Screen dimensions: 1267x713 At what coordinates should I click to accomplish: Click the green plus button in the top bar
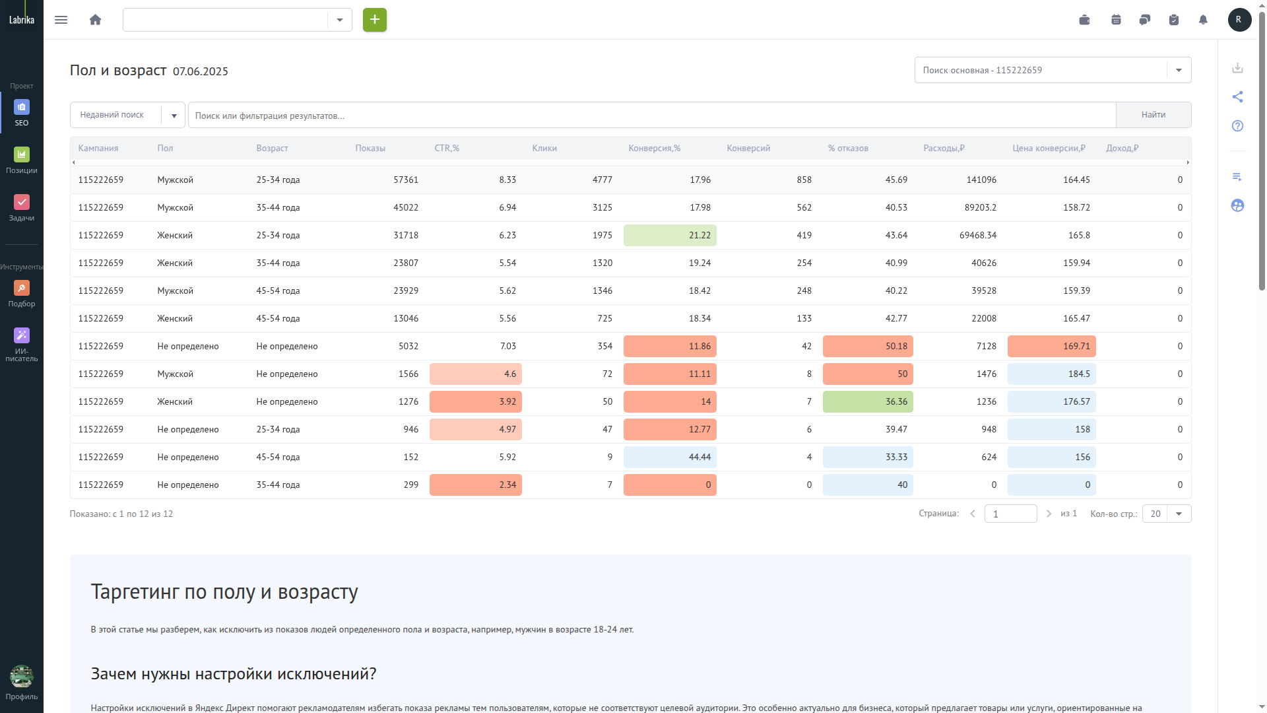(x=374, y=20)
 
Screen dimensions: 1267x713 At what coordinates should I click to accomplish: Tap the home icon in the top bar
(x=95, y=20)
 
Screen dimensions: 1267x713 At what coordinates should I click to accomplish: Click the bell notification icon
(x=1202, y=20)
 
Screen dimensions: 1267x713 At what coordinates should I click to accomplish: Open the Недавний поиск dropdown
(x=127, y=115)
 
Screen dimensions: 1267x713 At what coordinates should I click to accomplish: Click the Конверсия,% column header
(x=654, y=149)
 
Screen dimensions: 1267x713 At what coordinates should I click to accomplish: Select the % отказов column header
(x=848, y=149)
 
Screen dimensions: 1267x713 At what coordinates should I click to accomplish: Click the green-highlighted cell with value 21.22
(x=670, y=236)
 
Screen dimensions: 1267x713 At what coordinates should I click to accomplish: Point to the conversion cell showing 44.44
(x=670, y=458)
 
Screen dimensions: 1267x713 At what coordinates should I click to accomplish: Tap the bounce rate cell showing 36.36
(x=868, y=402)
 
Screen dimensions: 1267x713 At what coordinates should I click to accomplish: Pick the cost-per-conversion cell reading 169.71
(x=1051, y=347)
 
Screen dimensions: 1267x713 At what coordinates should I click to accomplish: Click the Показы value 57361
(x=406, y=180)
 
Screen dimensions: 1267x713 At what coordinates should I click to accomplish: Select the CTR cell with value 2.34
(x=475, y=485)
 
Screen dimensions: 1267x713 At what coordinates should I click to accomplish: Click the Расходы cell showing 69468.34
(x=978, y=236)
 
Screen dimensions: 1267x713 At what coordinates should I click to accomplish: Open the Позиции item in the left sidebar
(x=22, y=160)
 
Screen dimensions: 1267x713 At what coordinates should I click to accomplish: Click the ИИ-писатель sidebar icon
(x=22, y=345)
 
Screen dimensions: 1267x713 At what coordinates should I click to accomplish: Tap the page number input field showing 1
(x=1010, y=514)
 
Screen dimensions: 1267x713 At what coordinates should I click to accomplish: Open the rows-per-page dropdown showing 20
(x=1167, y=514)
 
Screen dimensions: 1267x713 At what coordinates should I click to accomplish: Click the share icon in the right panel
(x=1237, y=97)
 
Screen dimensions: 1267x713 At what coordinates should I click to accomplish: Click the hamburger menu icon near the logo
(x=61, y=20)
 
